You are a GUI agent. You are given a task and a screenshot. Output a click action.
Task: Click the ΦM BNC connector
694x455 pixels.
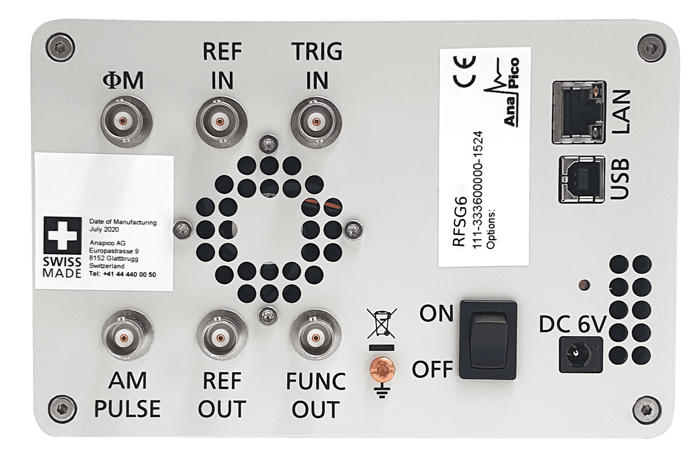123,122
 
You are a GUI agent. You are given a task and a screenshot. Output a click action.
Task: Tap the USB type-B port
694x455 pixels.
581,179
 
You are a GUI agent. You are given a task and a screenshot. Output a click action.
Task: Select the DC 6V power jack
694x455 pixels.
579,354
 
